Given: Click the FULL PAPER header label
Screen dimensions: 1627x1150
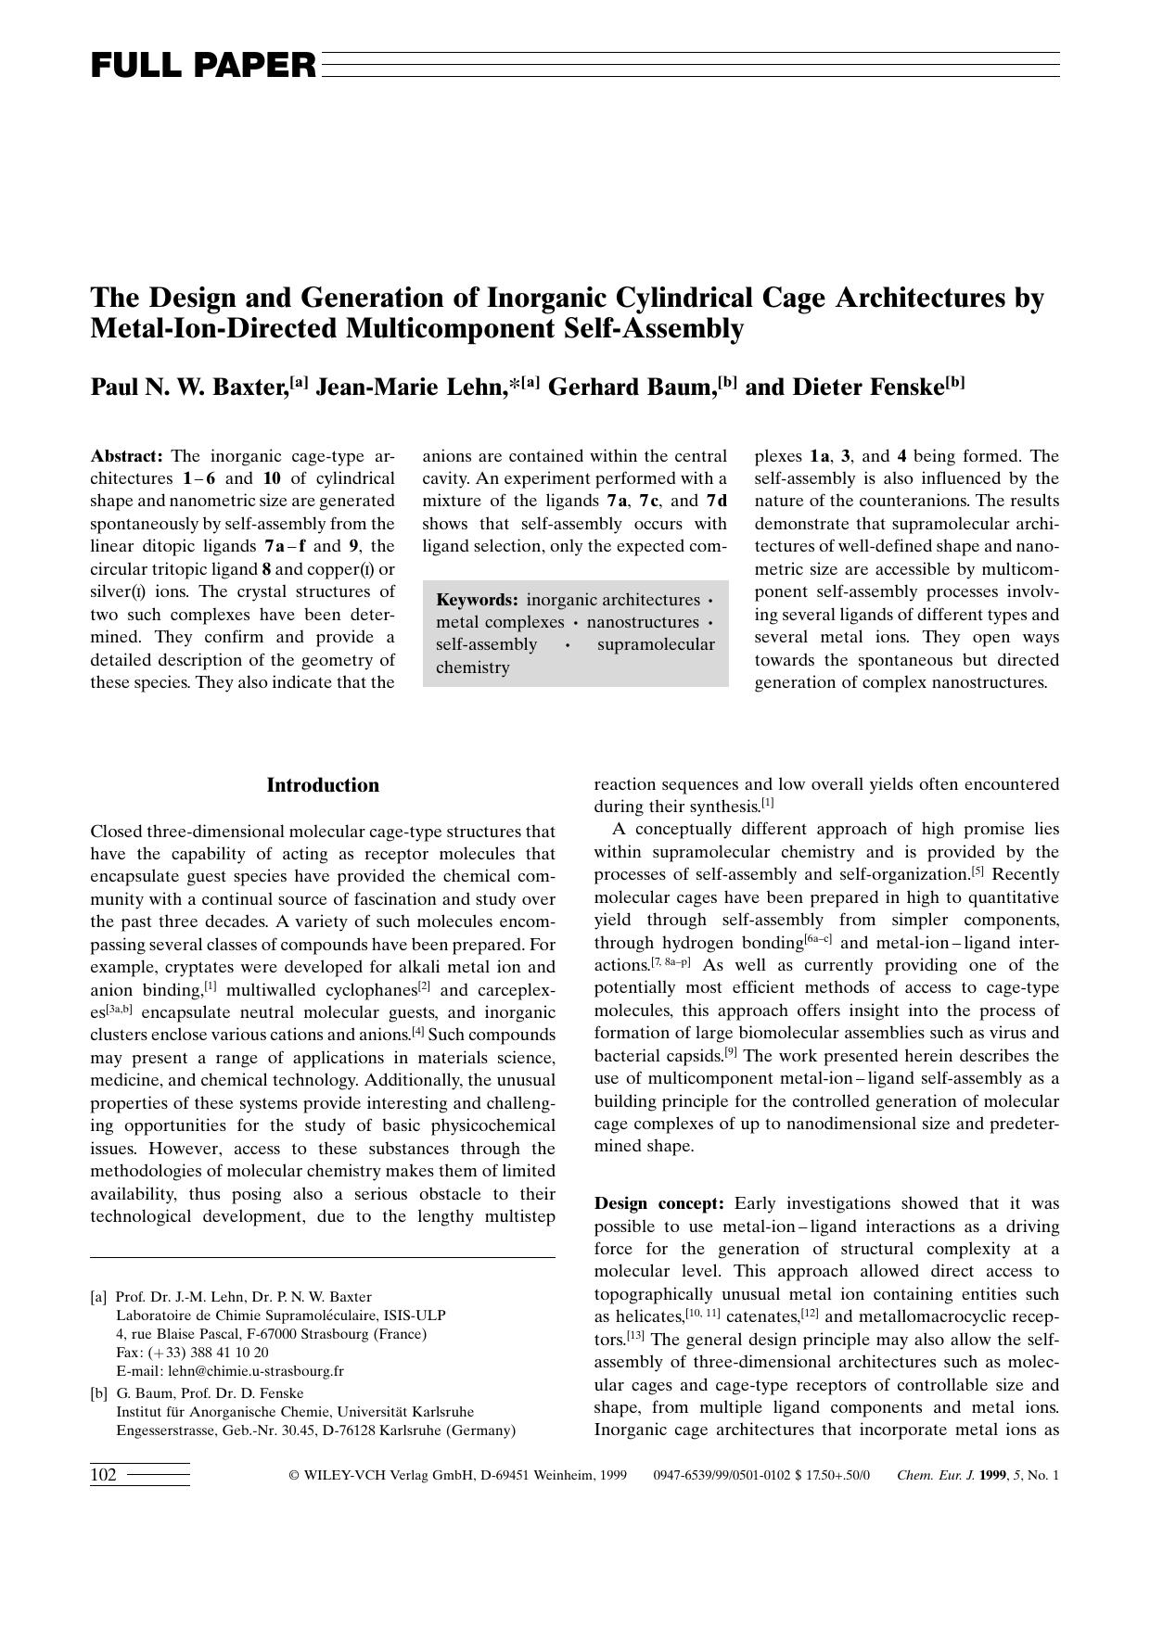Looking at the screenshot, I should [203, 66].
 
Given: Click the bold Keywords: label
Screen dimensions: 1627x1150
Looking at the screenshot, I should [477, 600].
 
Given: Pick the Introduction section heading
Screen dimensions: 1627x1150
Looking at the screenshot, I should [323, 785].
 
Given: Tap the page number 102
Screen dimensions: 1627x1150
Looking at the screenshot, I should [103, 1475].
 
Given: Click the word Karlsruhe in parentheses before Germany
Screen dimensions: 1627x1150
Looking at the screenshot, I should [408, 1430].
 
